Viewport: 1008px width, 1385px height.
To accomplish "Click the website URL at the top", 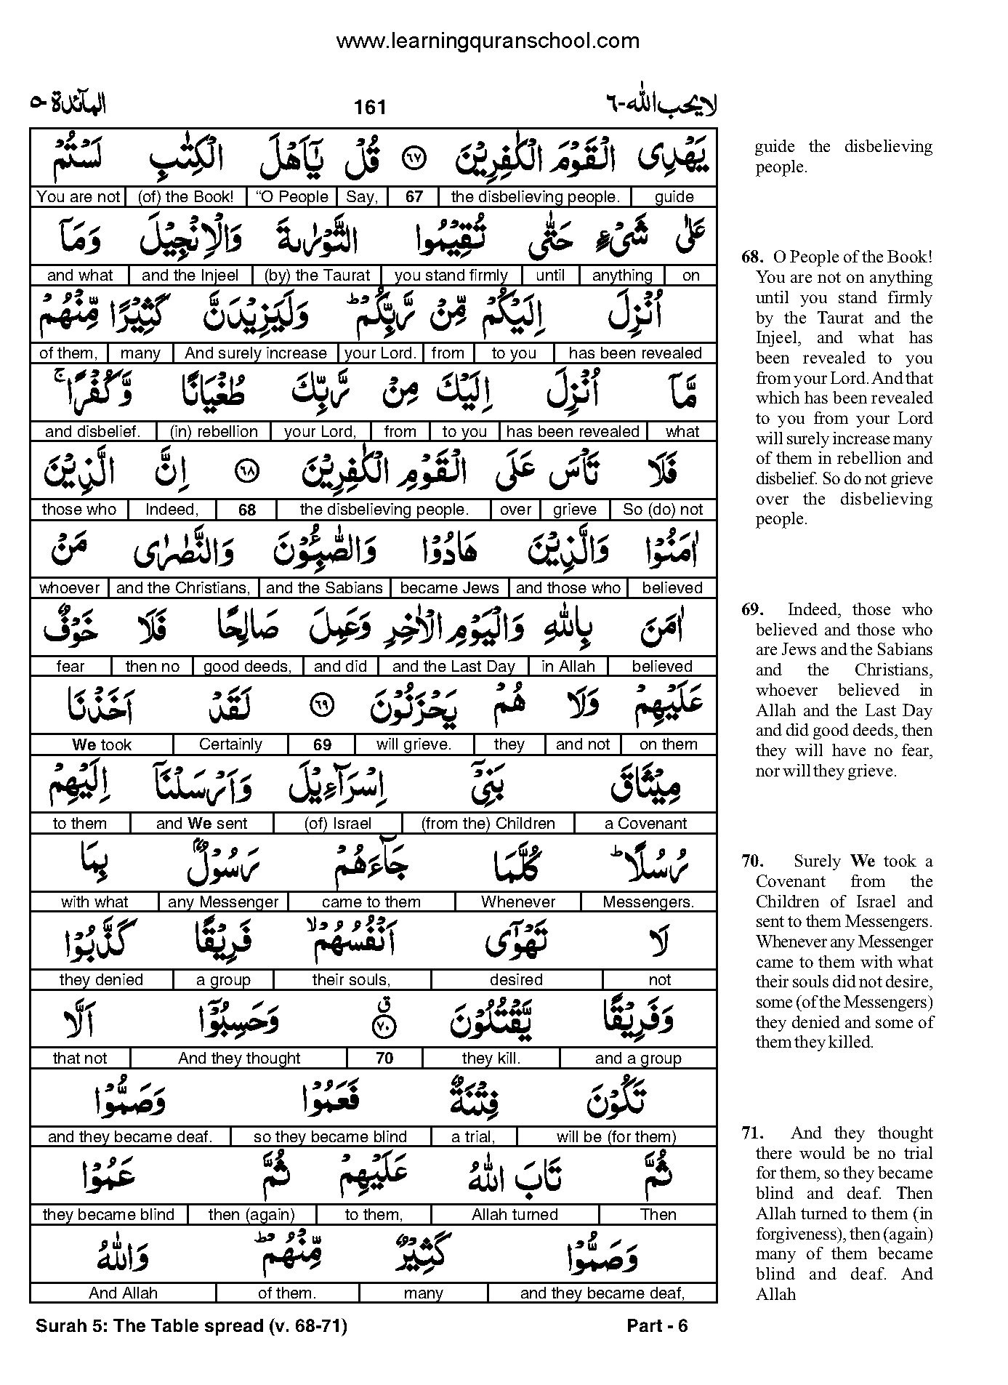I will [x=487, y=41].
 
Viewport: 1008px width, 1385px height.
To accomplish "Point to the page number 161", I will [x=370, y=108].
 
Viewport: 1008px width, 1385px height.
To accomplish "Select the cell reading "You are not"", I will [x=78, y=197].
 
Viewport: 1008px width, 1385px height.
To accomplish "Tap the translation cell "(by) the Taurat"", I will [x=318, y=276].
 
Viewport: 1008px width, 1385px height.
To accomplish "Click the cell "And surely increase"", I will [x=255, y=353].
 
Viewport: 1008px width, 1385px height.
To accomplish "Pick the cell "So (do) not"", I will [x=663, y=510].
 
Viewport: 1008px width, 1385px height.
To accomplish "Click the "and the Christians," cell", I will [x=183, y=588].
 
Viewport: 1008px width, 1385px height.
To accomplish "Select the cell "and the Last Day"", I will [x=453, y=667].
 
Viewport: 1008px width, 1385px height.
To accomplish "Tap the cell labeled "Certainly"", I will [x=230, y=744].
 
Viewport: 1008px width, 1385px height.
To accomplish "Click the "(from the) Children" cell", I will [x=488, y=824].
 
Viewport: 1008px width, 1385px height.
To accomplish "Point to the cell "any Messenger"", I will [x=223, y=902].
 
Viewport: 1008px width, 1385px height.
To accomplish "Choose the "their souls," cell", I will [x=351, y=980].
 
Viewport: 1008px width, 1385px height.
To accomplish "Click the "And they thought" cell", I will [x=239, y=1059].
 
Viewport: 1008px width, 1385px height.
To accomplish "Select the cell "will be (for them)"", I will [x=616, y=1137].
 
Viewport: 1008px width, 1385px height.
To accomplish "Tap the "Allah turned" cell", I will [x=515, y=1215].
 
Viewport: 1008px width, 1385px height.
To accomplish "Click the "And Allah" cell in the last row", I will [x=123, y=1293].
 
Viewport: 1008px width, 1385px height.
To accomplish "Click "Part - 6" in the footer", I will [x=657, y=1326].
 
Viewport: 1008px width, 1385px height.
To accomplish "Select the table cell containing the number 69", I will [x=322, y=744].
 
